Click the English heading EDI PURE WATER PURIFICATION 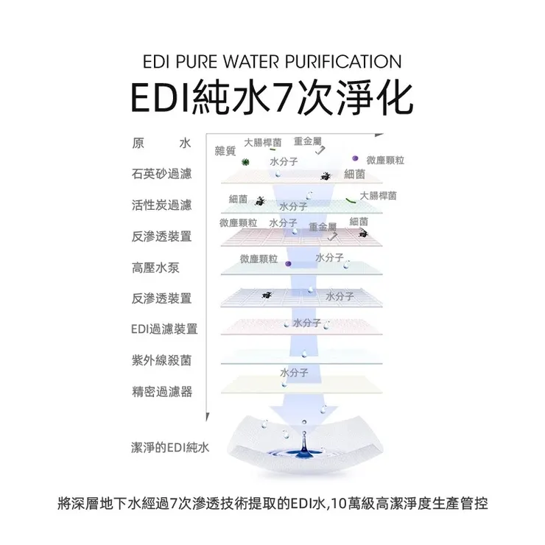pyautogui.click(x=272, y=62)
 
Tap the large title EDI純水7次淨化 pyautogui.click(x=272, y=97)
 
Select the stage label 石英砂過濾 pyautogui.click(x=161, y=174)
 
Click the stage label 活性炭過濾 pyautogui.click(x=161, y=205)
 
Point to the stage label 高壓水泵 pyautogui.click(x=155, y=267)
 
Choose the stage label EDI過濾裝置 pyautogui.click(x=164, y=328)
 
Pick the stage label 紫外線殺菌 pyautogui.click(x=161, y=360)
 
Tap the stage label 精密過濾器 pyautogui.click(x=162, y=392)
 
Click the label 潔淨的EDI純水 pyautogui.click(x=170, y=447)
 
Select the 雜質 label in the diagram pyautogui.click(x=225, y=151)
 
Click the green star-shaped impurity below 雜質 pyautogui.click(x=245, y=161)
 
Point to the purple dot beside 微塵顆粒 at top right pyautogui.click(x=355, y=158)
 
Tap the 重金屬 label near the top pyautogui.click(x=308, y=141)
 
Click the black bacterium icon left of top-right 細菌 pyautogui.click(x=326, y=176)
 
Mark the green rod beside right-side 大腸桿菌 pyautogui.click(x=351, y=200)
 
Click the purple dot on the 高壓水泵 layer pyautogui.click(x=288, y=264)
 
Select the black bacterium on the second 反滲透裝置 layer pyautogui.click(x=267, y=295)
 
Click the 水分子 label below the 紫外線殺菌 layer pyautogui.click(x=294, y=373)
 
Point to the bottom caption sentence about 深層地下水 pyautogui.click(x=272, y=503)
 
